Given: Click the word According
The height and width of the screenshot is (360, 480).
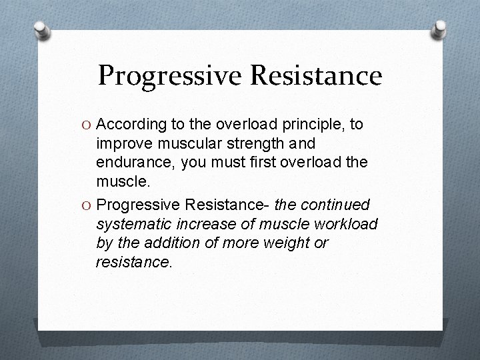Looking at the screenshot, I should (130, 125).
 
